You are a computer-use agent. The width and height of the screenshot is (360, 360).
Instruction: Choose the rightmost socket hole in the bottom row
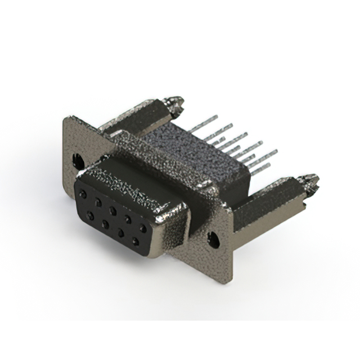point(135,241)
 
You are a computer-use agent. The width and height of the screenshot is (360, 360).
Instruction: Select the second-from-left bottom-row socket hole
point(105,224)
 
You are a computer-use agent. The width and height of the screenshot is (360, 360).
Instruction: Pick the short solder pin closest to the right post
point(259,167)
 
